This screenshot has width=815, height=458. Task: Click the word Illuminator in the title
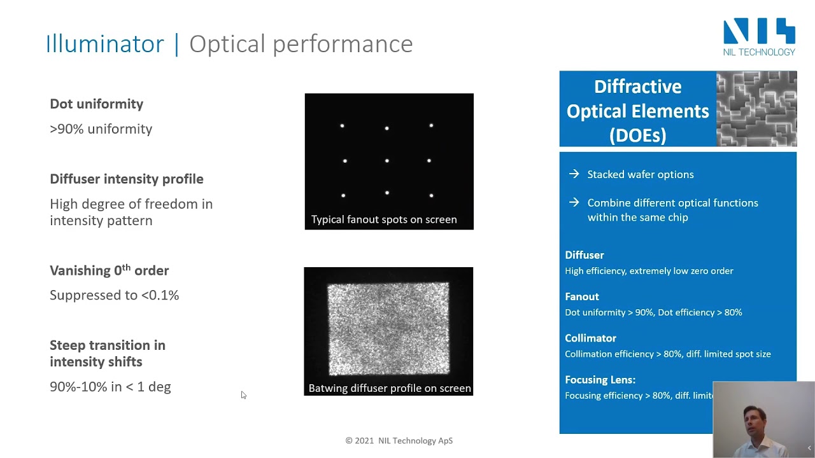[x=104, y=44]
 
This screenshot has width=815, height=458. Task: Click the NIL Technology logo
[x=759, y=38]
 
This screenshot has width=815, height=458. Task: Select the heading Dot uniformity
[x=96, y=104]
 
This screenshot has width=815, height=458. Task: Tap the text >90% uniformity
[x=101, y=129]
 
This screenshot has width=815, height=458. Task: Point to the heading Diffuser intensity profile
[x=126, y=179]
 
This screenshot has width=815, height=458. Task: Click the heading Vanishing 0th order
[x=109, y=270]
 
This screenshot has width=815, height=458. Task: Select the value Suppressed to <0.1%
[x=114, y=295]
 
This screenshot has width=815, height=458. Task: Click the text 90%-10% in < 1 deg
[x=110, y=387]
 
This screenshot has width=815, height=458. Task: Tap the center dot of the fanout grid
[x=387, y=161]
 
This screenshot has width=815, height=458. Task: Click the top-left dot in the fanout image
[x=342, y=126]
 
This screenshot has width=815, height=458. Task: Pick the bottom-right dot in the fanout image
[x=432, y=195]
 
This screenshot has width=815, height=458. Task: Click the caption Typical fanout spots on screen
[x=384, y=219]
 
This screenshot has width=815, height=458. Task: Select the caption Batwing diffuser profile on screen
[x=389, y=388]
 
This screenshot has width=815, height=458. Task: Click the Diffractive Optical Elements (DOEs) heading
[x=637, y=111]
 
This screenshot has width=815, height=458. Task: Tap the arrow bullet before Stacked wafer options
[x=574, y=174]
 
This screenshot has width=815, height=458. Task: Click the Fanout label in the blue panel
[x=581, y=296]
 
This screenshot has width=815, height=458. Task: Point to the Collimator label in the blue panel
[x=590, y=338]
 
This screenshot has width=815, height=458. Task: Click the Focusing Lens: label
[x=600, y=380]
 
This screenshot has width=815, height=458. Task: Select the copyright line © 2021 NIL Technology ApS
[x=399, y=440]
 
